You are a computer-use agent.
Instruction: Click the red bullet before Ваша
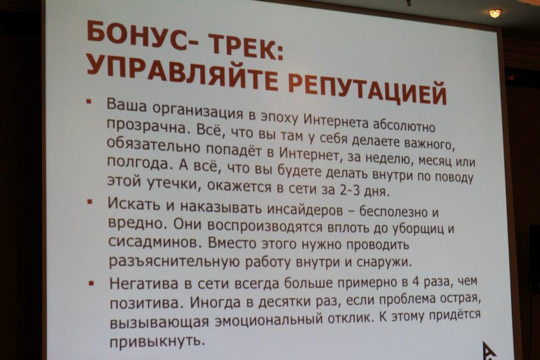click(x=89, y=101)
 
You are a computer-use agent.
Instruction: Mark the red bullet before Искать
click(x=90, y=202)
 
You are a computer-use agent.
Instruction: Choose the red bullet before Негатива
click(x=91, y=283)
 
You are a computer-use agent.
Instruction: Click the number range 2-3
click(x=350, y=190)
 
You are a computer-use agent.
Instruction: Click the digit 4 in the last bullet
click(x=415, y=282)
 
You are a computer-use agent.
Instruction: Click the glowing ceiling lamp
click(x=495, y=13)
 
